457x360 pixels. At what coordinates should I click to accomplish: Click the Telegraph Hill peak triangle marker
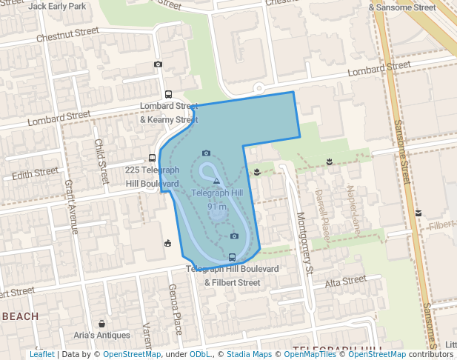[x=216, y=181]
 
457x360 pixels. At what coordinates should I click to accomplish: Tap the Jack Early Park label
[x=57, y=6]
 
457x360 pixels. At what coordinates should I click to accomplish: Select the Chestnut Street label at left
[x=67, y=33]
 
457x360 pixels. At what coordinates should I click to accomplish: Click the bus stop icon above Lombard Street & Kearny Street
[x=169, y=95]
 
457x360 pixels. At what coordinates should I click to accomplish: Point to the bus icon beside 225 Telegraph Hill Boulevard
[x=152, y=158]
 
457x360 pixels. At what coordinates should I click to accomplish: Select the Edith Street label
[x=36, y=173]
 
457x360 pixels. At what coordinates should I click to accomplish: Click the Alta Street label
[x=346, y=281]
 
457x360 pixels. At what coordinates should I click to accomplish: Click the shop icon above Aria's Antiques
[x=101, y=324]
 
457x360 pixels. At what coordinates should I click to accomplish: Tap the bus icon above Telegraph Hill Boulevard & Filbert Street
[x=233, y=257]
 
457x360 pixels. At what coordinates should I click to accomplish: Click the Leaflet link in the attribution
[x=41, y=354]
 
